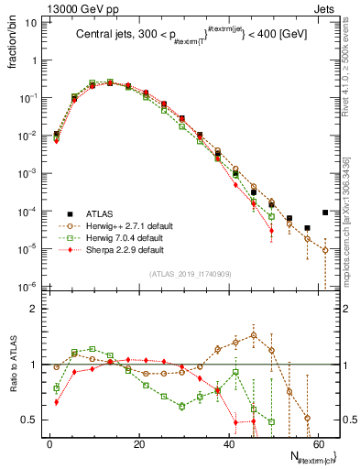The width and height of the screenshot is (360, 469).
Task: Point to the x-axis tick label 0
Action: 49,443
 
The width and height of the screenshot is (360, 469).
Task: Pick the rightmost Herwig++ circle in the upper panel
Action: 325,250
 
